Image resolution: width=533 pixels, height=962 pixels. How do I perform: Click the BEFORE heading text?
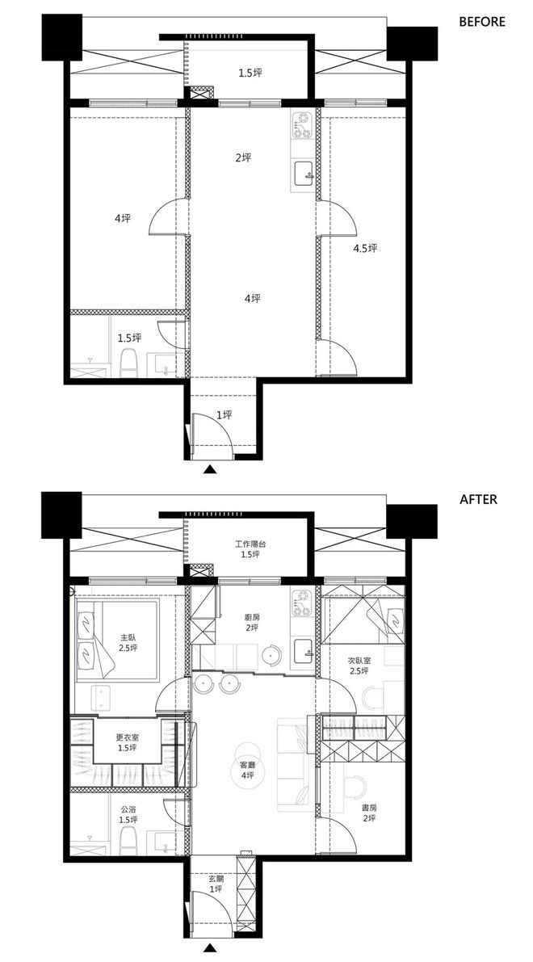click(x=482, y=22)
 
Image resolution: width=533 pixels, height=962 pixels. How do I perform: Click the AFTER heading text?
click(x=478, y=499)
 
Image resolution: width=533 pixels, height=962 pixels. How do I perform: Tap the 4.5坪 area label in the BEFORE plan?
click(x=365, y=249)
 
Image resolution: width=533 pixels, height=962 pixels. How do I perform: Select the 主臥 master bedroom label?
click(x=128, y=636)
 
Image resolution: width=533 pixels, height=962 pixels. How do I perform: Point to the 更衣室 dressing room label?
click(x=128, y=738)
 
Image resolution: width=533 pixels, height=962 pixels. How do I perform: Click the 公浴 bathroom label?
click(x=128, y=809)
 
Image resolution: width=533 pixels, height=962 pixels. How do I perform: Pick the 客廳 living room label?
click(x=248, y=766)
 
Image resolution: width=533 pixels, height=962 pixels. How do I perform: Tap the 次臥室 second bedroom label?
click(x=359, y=661)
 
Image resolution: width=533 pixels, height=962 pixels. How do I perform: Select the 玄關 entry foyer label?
click(x=216, y=879)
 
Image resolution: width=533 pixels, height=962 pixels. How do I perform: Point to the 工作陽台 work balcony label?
click(x=250, y=544)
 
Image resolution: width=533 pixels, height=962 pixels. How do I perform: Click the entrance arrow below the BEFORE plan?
click(x=211, y=469)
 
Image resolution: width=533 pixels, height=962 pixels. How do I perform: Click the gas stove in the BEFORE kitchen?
click(x=303, y=125)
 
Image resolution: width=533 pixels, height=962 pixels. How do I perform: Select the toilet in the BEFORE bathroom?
click(x=128, y=363)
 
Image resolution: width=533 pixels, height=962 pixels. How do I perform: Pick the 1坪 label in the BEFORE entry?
click(x=225, y=415)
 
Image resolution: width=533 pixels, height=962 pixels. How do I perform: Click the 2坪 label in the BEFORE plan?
click(x=243, y=158)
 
